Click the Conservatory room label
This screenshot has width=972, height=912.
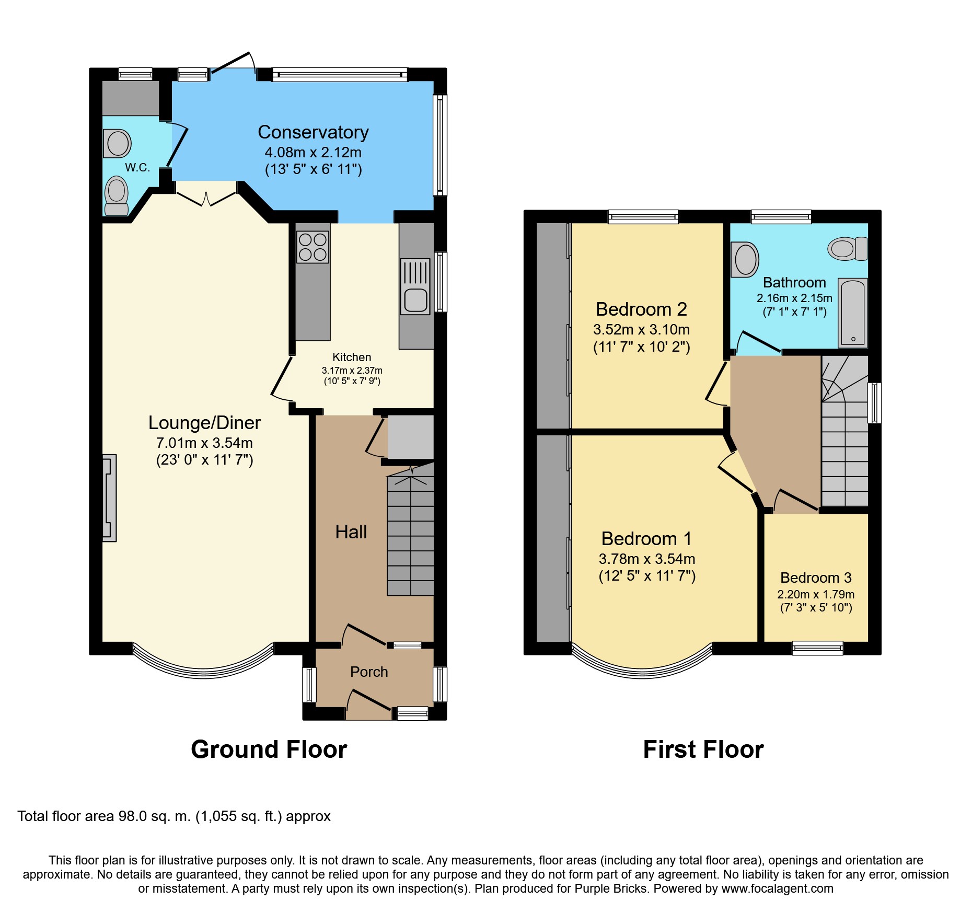pyautogui.click(x=313, y=132)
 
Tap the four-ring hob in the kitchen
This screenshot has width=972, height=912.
pyautogui.click(x=313, y=247)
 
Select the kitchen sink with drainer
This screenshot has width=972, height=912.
pyautogui.click(x=415, y=286)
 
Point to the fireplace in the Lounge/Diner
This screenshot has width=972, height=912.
pyautogui.click(x=109, y=498)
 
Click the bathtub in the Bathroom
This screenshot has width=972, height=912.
pyautogui.click(x=853, y=313)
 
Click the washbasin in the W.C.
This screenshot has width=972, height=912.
pyautogui.click(x=117, y=143)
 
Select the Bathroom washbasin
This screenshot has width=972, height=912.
pyautogui.click(x=745, y=259)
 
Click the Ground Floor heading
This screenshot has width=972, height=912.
pyautogui.click(x=269, y=749)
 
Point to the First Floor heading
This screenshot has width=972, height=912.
pyautogui.click(x=703, y=749)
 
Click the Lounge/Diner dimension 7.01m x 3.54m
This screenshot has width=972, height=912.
pyautogui.click(x=204, y=443)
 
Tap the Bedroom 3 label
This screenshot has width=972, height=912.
pyautogui.click(x=816, y=578)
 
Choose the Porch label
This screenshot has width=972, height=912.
pyautogui.click(x=369, y=672)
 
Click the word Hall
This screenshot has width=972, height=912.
pyautogui.click(x=351, y=532)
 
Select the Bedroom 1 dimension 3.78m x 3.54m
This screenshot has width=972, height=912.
pyautogui.click(x=647, y=559)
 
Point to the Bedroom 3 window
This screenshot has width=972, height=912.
pyautogui.click(x=817, y=648)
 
